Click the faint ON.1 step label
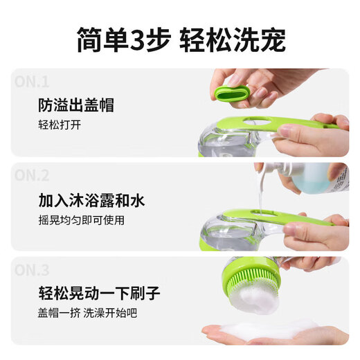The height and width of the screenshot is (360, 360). point(32,80)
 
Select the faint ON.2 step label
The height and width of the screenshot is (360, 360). point(33,174)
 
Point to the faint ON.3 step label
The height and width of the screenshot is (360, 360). point(33,269)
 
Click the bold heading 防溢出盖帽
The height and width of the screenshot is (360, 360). point(76,106)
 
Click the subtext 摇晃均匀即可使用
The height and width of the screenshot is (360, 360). point(82,221)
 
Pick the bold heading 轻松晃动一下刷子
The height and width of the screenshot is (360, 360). point(99,294)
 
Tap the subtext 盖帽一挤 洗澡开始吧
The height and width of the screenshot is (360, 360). point(88,314)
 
